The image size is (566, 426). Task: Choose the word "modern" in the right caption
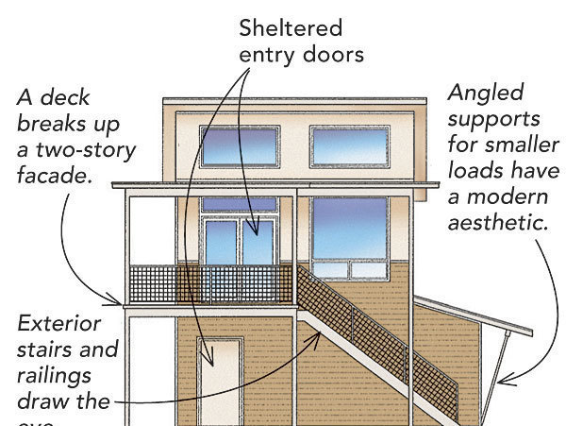coord(513,198)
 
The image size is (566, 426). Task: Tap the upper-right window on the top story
coord(350,146)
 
